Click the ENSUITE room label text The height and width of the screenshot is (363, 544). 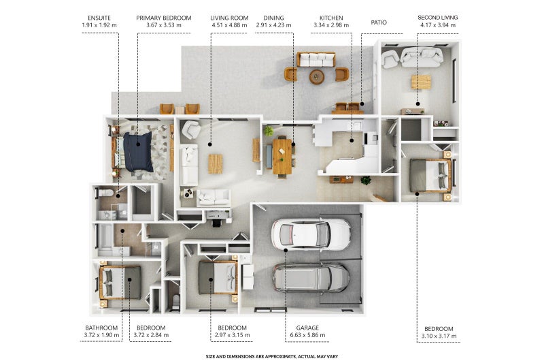(99, 18)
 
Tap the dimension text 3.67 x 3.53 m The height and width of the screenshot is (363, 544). (164, 25)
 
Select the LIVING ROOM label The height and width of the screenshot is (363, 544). (229, 18)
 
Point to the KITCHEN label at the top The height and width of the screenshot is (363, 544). (331, 18)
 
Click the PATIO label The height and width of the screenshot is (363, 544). (379, 22)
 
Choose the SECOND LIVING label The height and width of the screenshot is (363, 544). (438, 18)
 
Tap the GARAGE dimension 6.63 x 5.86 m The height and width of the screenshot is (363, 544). (308, 335)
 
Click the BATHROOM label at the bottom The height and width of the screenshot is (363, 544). (101, 328)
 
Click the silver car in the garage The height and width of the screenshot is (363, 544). (311, 278)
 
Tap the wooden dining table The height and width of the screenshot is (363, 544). (282, 157)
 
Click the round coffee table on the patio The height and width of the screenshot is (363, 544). (317, 76)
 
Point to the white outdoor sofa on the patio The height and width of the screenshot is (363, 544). (316, 59)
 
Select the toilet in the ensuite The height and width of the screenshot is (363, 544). (105, 192)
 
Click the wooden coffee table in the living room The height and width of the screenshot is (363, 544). (216, 163)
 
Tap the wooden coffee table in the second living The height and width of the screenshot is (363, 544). (421, 82)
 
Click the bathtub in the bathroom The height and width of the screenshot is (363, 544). (106, 240)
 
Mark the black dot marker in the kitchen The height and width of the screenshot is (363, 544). (352, 141)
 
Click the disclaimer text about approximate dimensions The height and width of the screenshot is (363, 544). (271, 356)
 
